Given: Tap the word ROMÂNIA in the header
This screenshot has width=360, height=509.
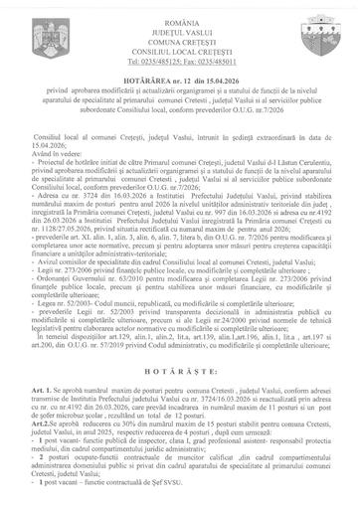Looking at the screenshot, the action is pos(180,8).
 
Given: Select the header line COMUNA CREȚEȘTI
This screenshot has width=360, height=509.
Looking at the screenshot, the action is pos(180,32).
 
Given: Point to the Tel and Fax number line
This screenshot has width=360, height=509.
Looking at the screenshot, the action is pos(180,56).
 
